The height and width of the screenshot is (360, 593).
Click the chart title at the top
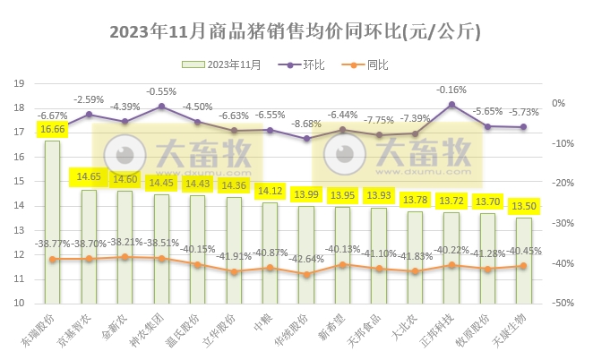click(296, 32)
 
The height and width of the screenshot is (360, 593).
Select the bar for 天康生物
click(523, 261)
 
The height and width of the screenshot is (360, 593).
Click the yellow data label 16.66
click(52, 130)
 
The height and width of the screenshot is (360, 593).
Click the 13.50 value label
click(523, 206)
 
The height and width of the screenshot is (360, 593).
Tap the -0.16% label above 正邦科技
click(451, 90)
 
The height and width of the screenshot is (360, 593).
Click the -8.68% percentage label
click(306, 124)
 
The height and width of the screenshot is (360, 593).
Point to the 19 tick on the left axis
click(18, 84)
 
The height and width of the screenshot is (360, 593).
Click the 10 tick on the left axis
click(18, 304)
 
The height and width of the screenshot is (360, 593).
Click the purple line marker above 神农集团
click(161, 107)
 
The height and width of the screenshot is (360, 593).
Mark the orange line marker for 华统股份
click(306, 275)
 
